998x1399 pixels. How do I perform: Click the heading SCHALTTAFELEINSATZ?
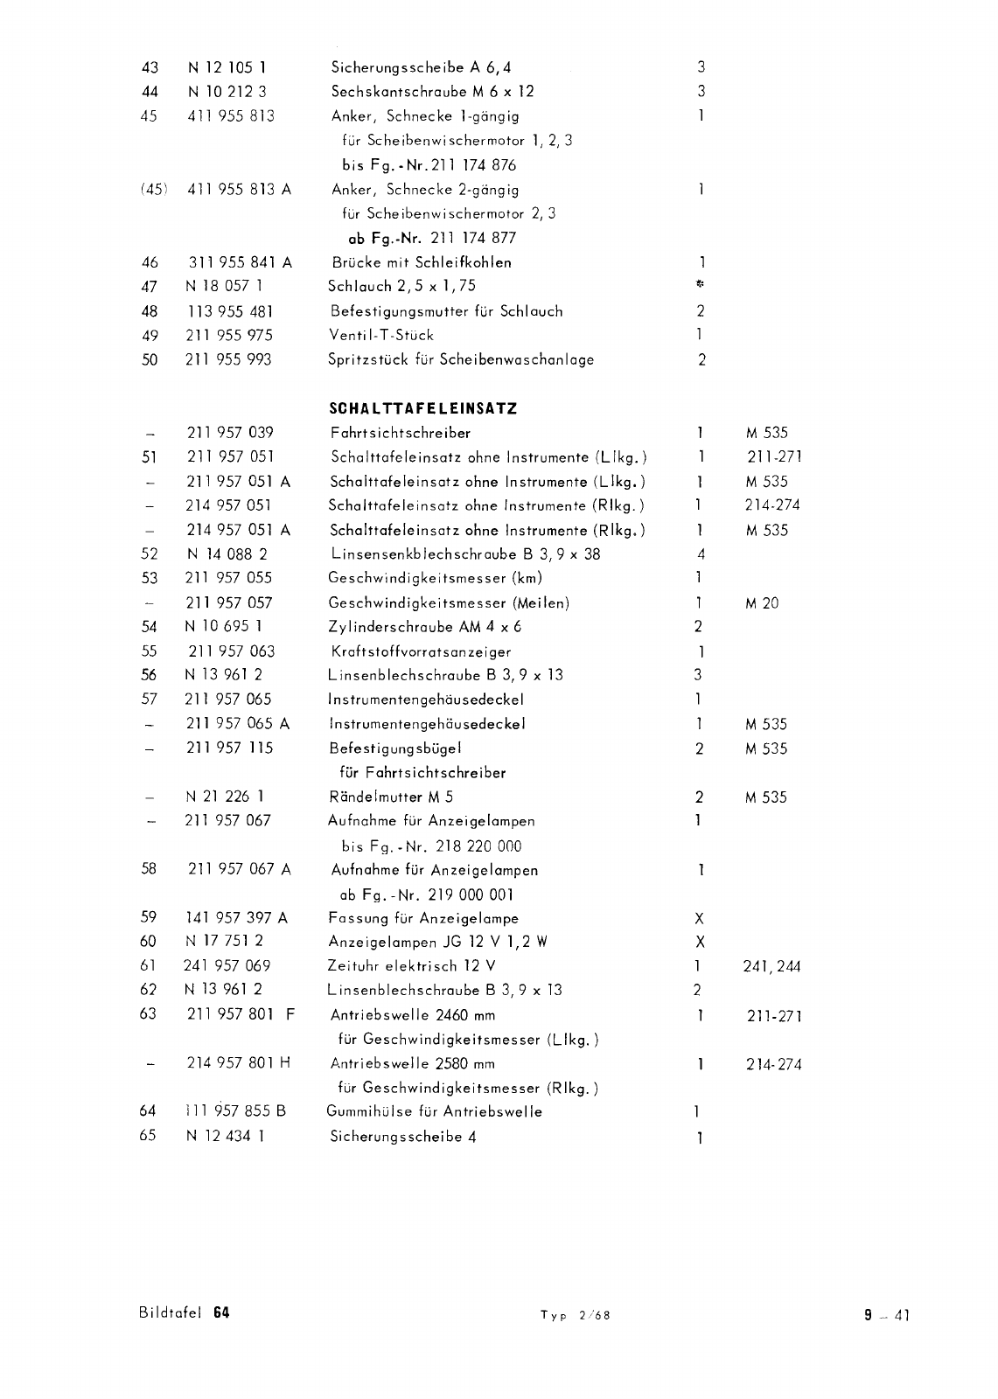pyautogui.click(x=422, y=408)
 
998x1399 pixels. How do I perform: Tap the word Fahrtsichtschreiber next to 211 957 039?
pyautogui.click(x=401, y=433)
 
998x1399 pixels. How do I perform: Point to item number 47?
pyautogui.click(x=150, y=286)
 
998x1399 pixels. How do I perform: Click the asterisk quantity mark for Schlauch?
pyautogui.click(x=700, y=285)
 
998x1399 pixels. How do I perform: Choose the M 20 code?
pyautogui.click(x=762, y=603)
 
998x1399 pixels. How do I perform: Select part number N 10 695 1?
pyautogui.click(x=224, y=626)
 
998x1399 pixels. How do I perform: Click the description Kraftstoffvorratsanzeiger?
pyautogui.click(x=421, y=651)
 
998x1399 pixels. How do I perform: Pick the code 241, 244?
pyautogui.click(x=771, y=967)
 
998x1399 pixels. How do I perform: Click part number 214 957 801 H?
pyautogui.click(x=239, y=1063)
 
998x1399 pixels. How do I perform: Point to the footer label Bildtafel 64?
pyautogui.click(x=184, y=1313)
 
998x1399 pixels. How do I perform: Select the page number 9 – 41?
pyautogui.click(x=887, y=1314)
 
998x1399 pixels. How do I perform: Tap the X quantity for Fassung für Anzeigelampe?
pyautogui.click(x=699, y=919)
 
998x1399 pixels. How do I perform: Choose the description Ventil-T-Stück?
pyautogui.click(x=380, y=335)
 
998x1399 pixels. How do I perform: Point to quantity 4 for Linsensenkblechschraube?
pyautogui.click(x=701, y=554)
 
